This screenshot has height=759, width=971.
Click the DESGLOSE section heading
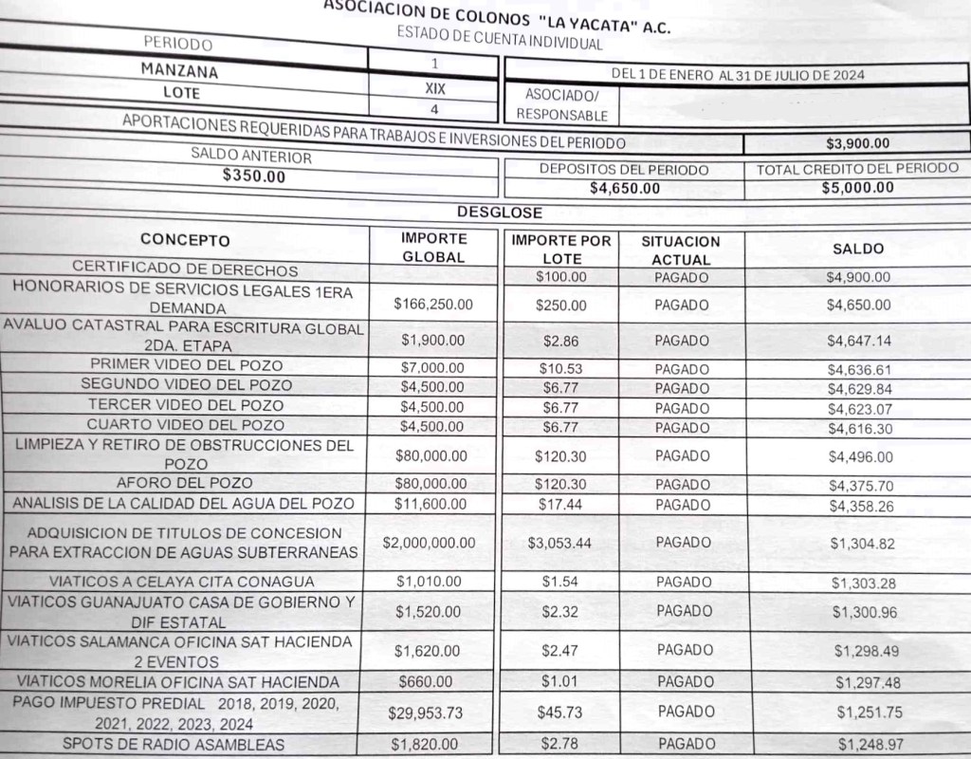[x=499, y=213]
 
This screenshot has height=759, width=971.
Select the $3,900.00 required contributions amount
[x=857, y=144]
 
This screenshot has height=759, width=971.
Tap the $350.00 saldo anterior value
[x=252, y=176]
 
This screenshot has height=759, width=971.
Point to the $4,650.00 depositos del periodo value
[x=624, y=188]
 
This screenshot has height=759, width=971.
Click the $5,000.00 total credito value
[x=857, y=187]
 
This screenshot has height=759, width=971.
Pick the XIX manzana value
[x=434, y=90]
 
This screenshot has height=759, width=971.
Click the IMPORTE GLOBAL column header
[x=434, y=247]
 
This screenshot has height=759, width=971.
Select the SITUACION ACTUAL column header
[x=681, y=250]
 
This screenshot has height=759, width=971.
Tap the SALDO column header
[x=857, y=249]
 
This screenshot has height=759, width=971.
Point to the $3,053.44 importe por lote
[x=560, y=544]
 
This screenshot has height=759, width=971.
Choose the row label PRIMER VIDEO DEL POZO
[x=186, y=365]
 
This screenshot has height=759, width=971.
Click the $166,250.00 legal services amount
[x=433, y=305]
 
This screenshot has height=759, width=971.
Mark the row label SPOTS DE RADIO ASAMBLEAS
[x=173, y=744]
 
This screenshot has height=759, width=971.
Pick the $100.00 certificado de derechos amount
[x=560, y=277]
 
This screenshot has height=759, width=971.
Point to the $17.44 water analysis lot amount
[x=560, y=505]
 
